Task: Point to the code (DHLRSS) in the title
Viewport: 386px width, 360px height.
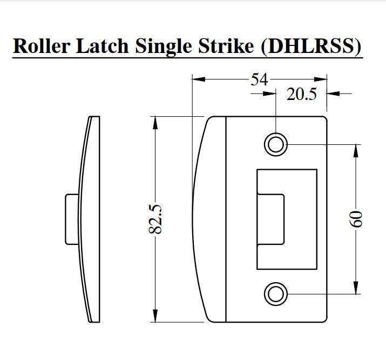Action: tap(311, 46)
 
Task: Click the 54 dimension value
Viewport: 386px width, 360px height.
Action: tap(259, 79)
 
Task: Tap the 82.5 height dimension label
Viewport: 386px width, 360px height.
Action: tap(155, 218)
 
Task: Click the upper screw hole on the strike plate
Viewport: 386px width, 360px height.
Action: tap(275, 144)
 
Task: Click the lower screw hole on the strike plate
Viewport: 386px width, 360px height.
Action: tap(275, 294)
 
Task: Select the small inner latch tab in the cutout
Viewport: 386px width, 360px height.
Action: tap(272, 219)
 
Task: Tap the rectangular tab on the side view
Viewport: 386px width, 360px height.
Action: tap(71, 219)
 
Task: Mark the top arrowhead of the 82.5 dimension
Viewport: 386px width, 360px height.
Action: tap(155, 122)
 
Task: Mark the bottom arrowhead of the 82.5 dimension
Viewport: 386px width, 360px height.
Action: tap(155, 316)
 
